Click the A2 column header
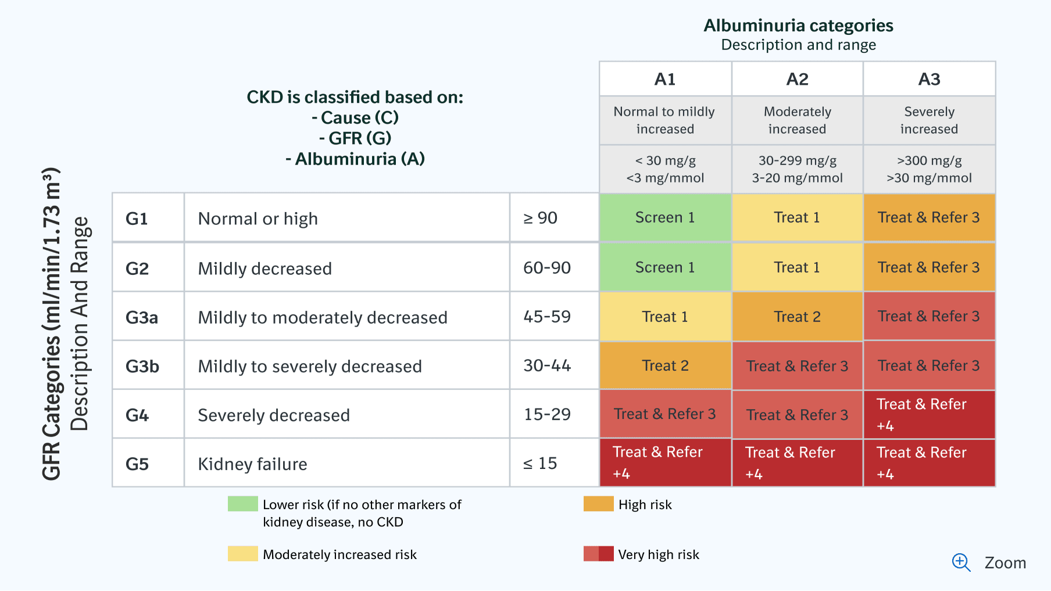[797, 79]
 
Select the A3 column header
[929, 79]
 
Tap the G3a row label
[142, 317]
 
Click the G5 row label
[137, 464]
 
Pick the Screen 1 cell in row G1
[665, 217]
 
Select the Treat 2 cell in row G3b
[665, 366]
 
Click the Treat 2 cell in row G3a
[797, 317]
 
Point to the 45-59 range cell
[547, 317]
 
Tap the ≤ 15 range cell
[540, 463]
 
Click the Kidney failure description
[252, 464]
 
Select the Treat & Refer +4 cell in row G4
[929, 414]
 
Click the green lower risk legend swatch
[242, 504]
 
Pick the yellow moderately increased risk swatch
[242, 554]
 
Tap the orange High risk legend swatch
[598, 504]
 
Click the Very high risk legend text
[659, 554]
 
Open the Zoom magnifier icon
[961, 562]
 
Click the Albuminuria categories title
[798, 26]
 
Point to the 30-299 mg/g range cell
[797, 169]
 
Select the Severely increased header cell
[929, 120]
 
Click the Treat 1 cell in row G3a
[665, 317]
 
